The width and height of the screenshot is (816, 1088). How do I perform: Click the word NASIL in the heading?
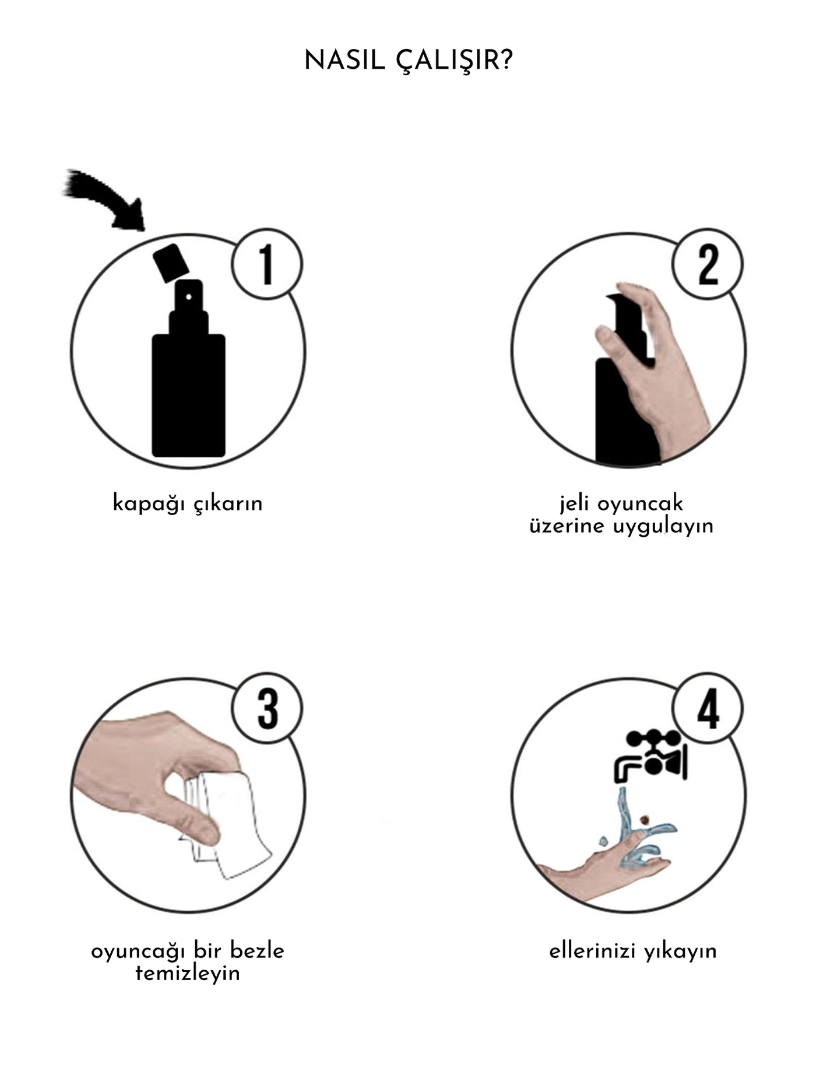[344, 60]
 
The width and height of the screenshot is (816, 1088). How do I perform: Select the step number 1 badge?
[267, 264]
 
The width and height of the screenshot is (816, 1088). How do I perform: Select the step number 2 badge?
[708, 264]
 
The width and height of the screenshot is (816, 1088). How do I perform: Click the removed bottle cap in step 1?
[171, 264]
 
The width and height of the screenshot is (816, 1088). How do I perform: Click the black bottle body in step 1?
[188, 395]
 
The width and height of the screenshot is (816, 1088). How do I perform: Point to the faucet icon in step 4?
[652, 755]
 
